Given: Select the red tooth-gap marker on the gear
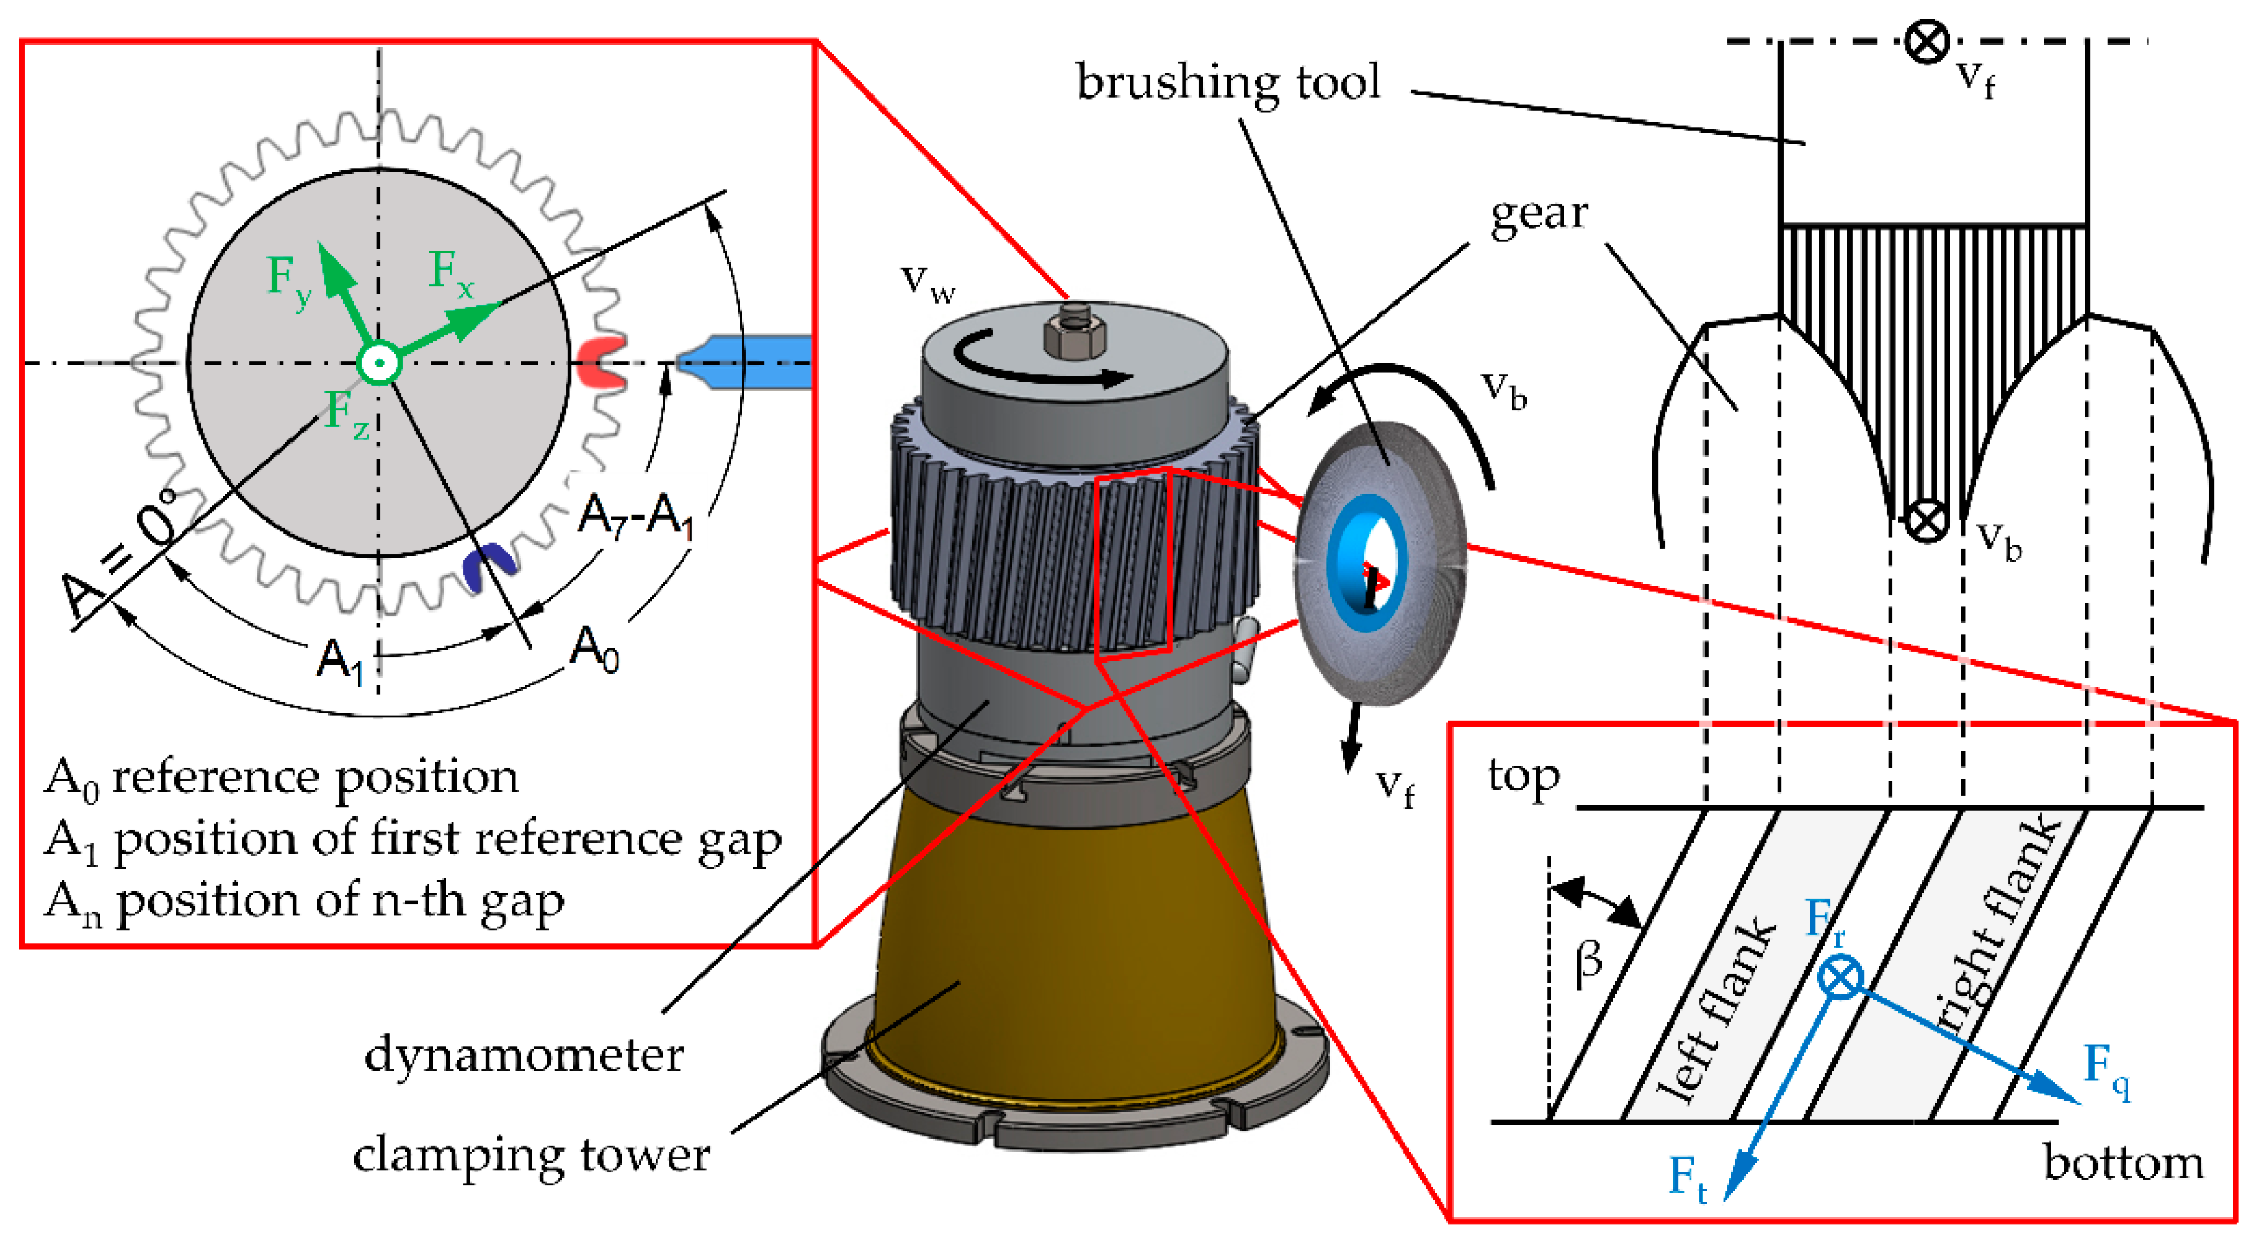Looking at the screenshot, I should pyautogui.click(x=601, y=361).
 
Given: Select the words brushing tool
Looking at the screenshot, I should pyautogui.click(x=1228, y=83).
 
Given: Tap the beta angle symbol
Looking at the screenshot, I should pyautogui.click(x=1588, y=963).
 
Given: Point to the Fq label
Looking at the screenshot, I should pyautogui.click(x=2106, y=1068).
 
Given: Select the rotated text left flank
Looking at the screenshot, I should pyautogui.click(x=1714, y=1011).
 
